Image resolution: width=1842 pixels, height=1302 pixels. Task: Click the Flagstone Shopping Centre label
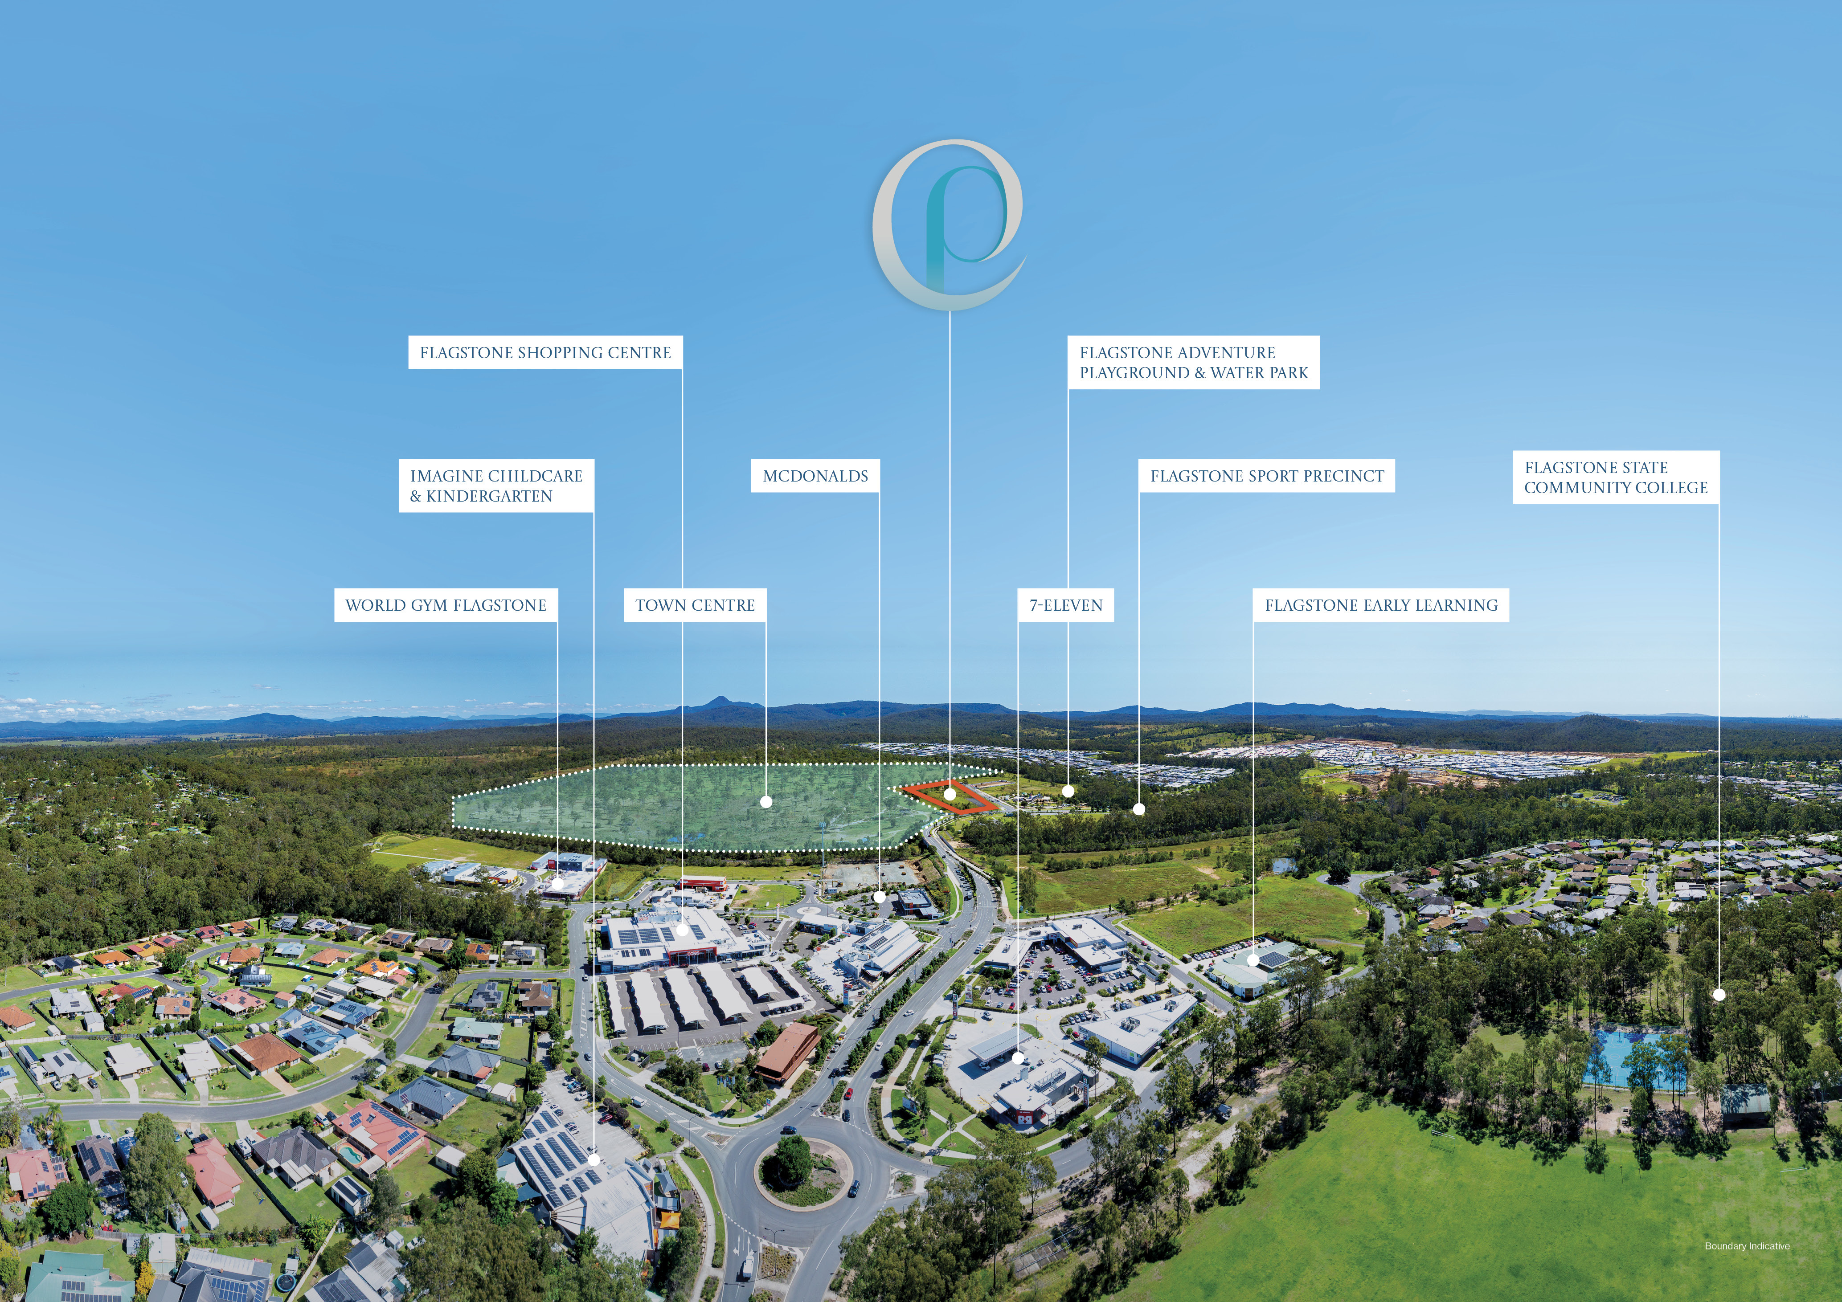[x=545, y=353]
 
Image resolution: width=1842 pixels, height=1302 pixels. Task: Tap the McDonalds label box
[x=815, y=476]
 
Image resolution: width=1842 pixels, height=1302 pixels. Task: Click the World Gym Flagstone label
[x=446, y=605]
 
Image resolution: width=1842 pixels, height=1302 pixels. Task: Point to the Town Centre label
[x=695, y=605]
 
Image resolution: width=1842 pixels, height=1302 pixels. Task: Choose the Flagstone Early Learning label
[x=1381, y=605]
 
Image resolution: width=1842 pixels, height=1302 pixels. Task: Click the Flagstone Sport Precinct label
[x=1267, y=476]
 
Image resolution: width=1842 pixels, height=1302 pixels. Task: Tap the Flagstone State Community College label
[x=1616, y=478]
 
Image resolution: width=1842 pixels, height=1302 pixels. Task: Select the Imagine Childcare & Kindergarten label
[x=497, y=486]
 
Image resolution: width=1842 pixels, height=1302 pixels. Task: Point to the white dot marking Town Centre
[x=766, y=801]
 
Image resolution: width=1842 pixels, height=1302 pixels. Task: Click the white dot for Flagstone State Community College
[x=1719, y=995]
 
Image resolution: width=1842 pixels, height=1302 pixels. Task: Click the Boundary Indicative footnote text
[x=1747, y=1246]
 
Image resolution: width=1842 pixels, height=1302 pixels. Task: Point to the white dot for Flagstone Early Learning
[x=1253, y=959]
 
